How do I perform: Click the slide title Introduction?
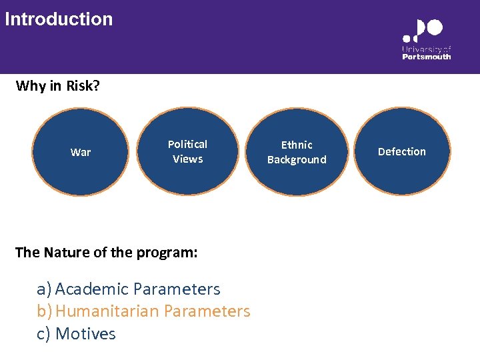click(59, 19)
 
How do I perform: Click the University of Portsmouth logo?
click(426, 39)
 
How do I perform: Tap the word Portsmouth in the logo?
click(426, 57)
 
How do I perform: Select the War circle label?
click(81, 153)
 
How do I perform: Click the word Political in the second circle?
click(187, 145)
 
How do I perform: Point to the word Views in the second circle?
click(187, 159)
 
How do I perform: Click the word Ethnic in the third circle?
click(297, 145)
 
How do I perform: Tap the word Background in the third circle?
click(297, 160)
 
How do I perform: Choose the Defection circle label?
click(401, 152)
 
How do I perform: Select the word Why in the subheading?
click(31, 86)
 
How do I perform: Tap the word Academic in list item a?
click(92, 289)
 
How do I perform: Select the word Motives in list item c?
click(85, 334)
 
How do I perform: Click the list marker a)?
click(44, 289)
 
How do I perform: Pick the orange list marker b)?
click(44, 311)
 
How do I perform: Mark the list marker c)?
click(44, 334)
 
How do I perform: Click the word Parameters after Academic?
click(177, 289)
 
